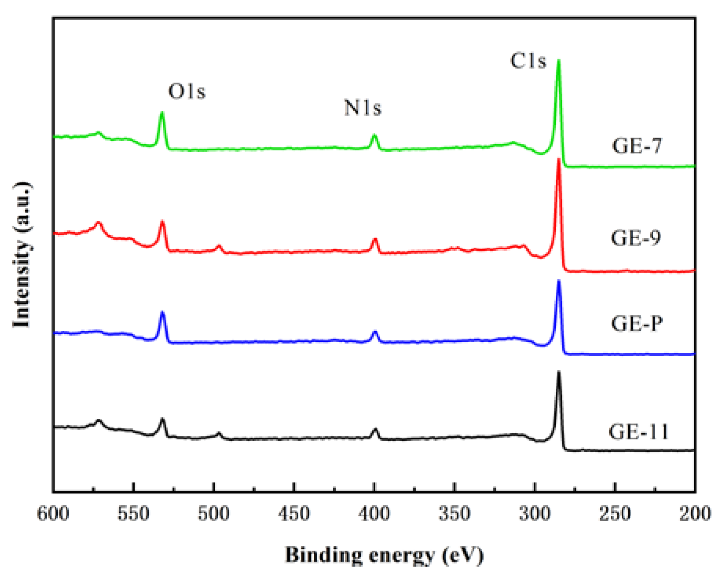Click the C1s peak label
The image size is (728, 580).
coord(528,61)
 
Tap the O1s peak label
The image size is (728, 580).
coord(187,92)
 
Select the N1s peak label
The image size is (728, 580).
coord(363,108)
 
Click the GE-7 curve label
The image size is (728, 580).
coord(637,146)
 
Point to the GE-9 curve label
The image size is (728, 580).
coord(636,238)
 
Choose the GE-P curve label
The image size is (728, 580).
coord(636,324)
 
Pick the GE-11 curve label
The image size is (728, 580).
coord(638,432)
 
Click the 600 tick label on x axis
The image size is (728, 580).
coord(53,514)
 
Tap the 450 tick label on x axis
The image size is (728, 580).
coord(294,514)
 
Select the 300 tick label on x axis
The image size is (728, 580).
coord(535,514)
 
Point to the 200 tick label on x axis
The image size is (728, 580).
coord(695,514)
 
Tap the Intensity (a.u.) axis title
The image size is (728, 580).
coord(22,254)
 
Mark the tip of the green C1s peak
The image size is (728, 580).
coord(558,61)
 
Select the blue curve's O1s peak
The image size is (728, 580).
coord(162,312)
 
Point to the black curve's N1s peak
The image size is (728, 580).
coord(375,429)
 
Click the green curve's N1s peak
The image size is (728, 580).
coord(374,135)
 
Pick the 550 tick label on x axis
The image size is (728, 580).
coord(133,514)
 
